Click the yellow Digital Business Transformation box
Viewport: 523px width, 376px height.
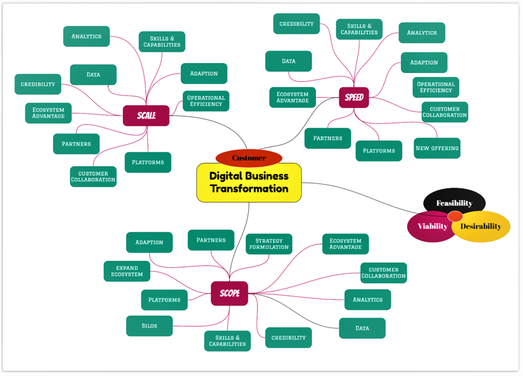[249, 182]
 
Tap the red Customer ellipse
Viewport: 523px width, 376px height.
[249, 158]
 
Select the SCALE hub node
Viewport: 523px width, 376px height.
[146, 115]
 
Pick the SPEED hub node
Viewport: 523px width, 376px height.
[354, 98]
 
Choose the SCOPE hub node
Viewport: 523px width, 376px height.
[230, 293]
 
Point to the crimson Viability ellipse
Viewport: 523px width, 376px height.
[429, 226]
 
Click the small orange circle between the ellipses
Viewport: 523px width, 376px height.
[455, 216]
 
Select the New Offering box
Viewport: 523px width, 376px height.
[437, 148]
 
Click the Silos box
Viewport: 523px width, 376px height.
[149, 326]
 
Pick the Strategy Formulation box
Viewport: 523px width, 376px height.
[269, 244]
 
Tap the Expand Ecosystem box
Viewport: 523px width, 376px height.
[127, 271]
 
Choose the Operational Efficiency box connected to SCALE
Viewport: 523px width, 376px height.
[206, 101]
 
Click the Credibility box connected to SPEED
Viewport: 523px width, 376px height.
[296, 24]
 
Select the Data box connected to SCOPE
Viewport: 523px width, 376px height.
[362, 328]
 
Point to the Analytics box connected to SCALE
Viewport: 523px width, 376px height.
[86, 36]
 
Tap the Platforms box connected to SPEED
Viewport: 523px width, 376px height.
[379, 151]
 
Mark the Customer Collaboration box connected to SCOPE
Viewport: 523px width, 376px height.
[384, 272]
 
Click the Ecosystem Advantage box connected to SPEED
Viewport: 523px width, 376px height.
[292, 97]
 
